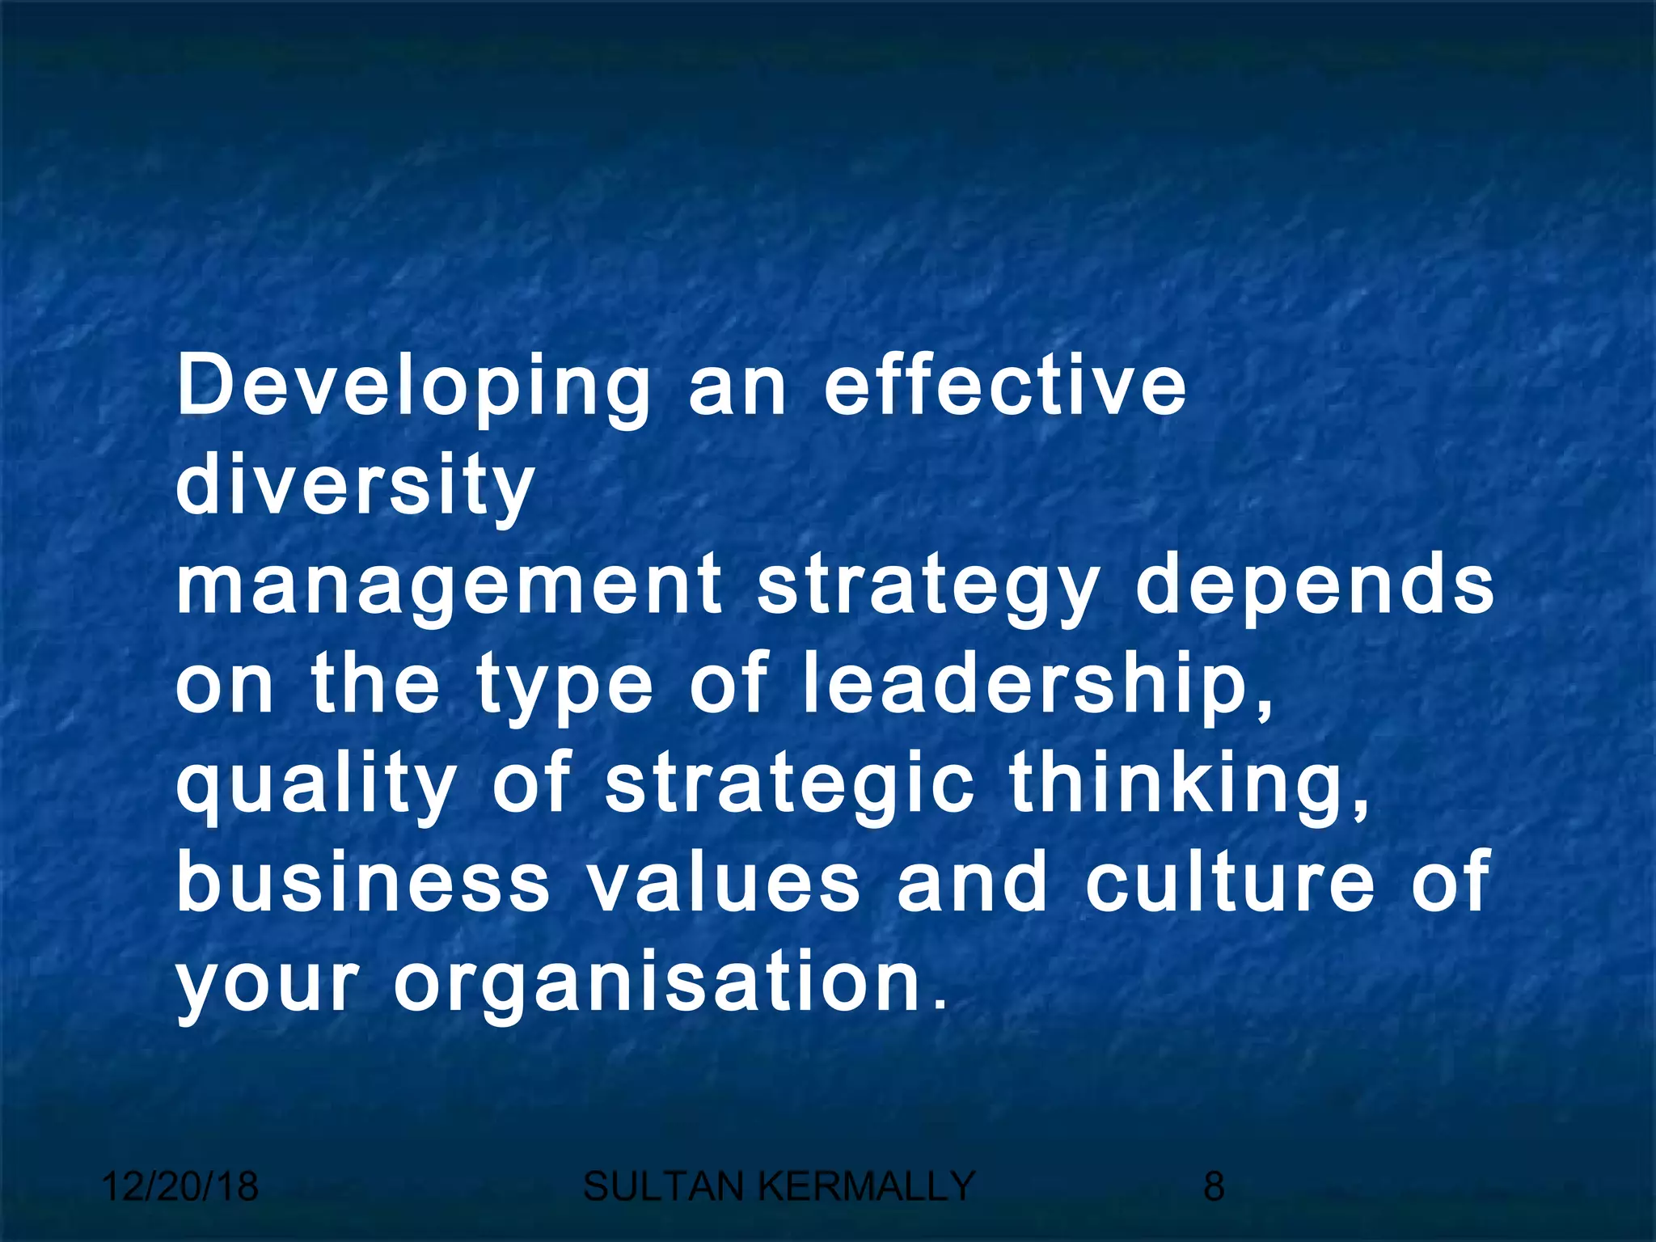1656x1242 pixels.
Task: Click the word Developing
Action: pos(413,388)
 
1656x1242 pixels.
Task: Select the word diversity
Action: pos(354,487)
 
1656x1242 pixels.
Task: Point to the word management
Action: pos(449,586)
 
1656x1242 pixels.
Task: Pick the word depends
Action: pos(1315,586)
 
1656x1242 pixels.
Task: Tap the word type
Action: pos(564,686)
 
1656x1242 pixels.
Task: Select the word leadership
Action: pos(1037,686)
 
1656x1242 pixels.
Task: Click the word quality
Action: pos(316,784)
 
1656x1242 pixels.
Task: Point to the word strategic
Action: pos(789,784)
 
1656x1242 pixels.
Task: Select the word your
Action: pos(266,983)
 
